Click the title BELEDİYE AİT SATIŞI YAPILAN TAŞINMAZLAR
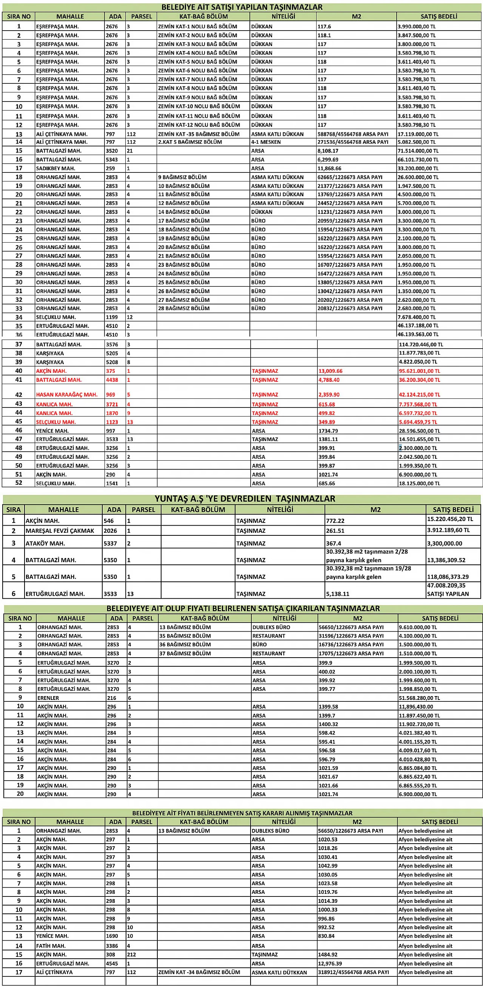point(242,7)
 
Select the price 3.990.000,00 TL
point(416,26)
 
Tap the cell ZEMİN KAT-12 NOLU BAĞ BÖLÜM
point(199,125)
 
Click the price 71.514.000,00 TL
point(418,151)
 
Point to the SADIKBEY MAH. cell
point(55,168)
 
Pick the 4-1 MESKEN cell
point(266,142)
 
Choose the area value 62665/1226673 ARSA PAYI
point(349,177)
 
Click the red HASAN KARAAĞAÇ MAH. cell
point(67,395)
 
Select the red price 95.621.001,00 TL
point(419,371)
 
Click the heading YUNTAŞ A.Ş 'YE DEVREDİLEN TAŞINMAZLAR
point(245,498)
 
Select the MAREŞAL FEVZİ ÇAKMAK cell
point(60,531)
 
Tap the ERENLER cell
point(48,698)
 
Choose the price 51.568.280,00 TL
point(419,698)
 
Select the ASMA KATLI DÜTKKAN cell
point(279,972)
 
